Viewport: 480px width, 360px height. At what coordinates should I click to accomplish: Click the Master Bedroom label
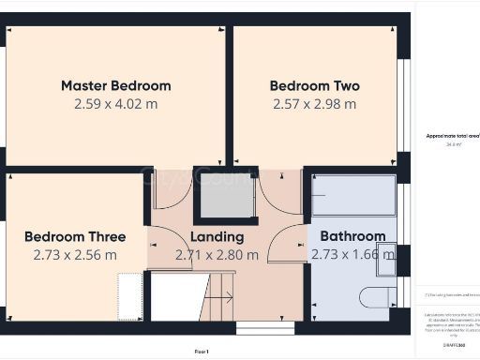[x=115, y=85]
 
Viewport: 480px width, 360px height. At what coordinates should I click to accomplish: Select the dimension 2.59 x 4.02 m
[x=115, y=103]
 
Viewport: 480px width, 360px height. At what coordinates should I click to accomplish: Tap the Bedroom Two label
[x=314, y=85]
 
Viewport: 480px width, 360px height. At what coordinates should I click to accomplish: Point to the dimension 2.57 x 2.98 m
[x=314, y=103]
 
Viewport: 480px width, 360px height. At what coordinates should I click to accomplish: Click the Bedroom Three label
[x=74, y=236]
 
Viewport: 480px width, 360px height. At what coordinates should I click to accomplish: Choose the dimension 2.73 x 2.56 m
[x=74, y=254]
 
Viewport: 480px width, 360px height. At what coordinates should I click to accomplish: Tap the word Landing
[x=217, y=236]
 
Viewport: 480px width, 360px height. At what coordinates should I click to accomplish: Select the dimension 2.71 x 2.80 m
[x=217, y=254]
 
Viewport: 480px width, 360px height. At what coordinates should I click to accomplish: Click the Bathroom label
[x=352, y=236]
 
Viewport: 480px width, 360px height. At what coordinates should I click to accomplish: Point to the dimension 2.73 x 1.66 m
[x=352, y=254]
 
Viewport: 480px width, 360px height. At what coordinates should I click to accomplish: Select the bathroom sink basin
[x=386, y=263]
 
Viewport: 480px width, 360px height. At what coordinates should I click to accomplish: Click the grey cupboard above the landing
[x=223, y=197]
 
